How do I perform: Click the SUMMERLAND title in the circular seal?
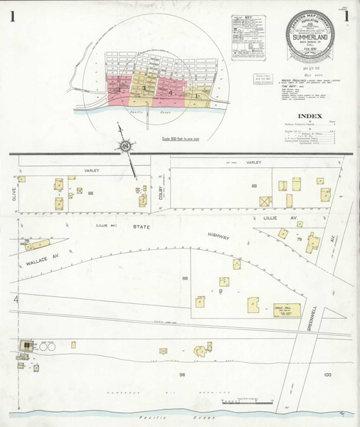[x=313, y=39]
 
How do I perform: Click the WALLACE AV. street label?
[x=33, y=253]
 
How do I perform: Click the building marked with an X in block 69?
[x=265, y=201]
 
